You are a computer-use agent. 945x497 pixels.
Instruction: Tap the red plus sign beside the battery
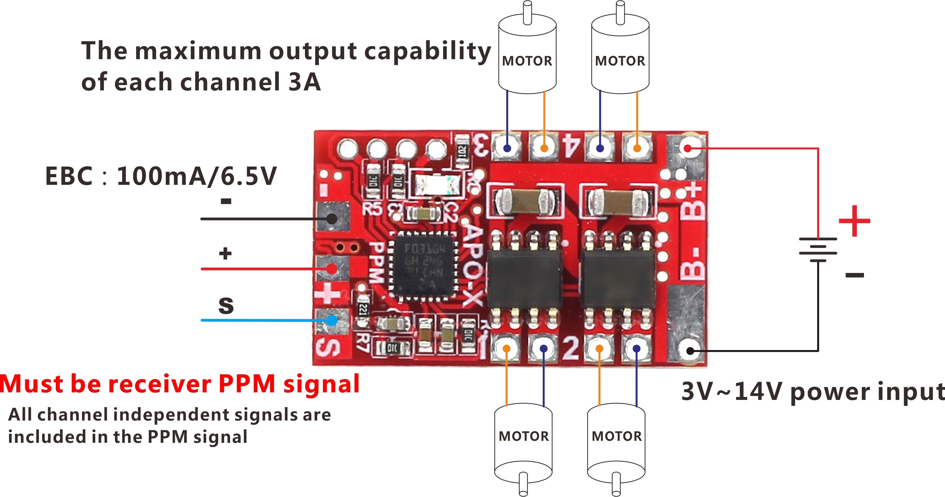pyautogui.click(x=854, y=221)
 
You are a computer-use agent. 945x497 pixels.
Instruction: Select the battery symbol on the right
pyautogui.click(x=818, y=250)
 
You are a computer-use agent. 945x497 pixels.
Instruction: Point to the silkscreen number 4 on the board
pyautogui.click(x=572, y=146)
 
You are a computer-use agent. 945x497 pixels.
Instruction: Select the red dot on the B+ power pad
pyautogui.click(x=688, y=148)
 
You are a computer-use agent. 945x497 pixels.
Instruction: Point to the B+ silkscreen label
pyautogui.click(x=693, y=202)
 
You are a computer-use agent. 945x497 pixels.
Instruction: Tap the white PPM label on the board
pyautogui.click(x=376, y=262)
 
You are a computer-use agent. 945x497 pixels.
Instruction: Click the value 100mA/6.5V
pyautogui.click(x=197, y=176)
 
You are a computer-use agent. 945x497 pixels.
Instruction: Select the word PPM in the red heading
pyautogui.click(x=246, y=384)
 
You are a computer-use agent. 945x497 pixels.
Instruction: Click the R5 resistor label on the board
pyautogui.click(x=372, y=209)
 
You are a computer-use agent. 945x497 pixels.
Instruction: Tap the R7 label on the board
pyautogui.click(x=363, y=342)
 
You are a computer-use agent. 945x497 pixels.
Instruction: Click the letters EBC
pyautogui.click(x=69, y=176)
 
